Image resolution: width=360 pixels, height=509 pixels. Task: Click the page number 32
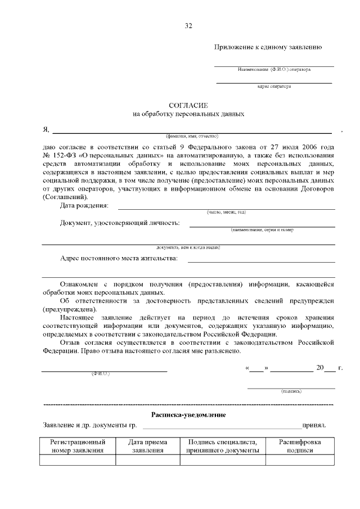coord(188,25)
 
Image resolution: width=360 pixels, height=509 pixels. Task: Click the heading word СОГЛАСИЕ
coord(189,105)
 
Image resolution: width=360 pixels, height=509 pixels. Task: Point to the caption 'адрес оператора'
coord(274,87)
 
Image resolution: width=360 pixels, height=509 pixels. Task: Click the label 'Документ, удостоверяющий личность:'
coord(120,223)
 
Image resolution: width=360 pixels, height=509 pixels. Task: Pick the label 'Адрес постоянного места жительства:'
coord(119,258)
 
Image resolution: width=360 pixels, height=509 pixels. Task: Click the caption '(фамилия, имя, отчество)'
coord(191,136)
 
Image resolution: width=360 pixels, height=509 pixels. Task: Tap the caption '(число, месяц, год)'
coord(226,212)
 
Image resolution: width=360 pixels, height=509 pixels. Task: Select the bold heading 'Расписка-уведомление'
coord(189,415)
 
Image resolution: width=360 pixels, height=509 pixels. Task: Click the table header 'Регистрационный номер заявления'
coord(78,446)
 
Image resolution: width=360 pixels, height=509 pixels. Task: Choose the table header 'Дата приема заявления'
coord(148,446)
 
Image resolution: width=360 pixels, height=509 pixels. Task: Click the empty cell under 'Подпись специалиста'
coord(223,460)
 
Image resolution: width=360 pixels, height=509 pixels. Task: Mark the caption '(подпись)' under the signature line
coord(291,391)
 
